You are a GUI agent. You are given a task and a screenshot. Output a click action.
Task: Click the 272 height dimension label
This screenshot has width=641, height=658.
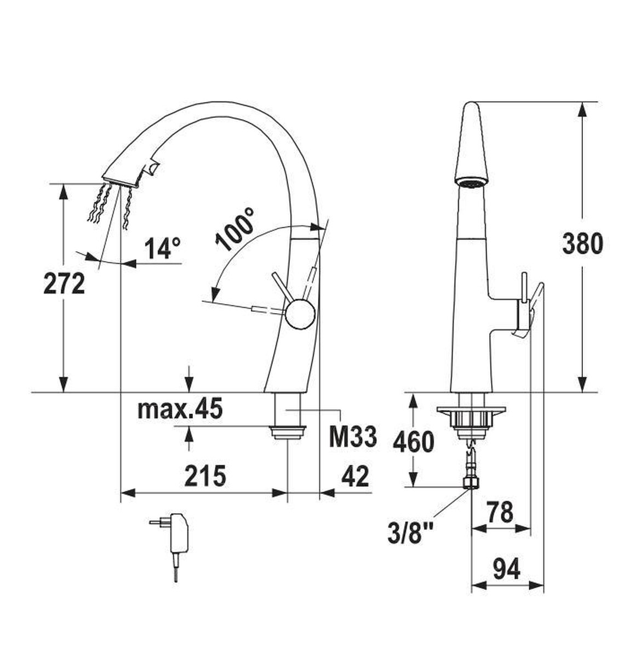tap(64, 283)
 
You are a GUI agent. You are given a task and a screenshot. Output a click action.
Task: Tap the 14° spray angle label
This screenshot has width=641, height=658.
tap(163, 248)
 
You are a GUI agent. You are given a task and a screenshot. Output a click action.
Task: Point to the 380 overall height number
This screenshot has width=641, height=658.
tap(582, 244)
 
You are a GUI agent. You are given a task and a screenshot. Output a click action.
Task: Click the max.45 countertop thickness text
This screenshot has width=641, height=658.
tap(180, 409)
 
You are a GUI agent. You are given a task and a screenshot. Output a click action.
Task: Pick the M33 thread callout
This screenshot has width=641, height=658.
tap(353, 436)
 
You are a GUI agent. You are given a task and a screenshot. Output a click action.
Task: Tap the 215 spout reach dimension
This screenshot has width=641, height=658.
tap(205, 476)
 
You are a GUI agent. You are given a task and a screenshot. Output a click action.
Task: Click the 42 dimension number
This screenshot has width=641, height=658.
tap(355, 476)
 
